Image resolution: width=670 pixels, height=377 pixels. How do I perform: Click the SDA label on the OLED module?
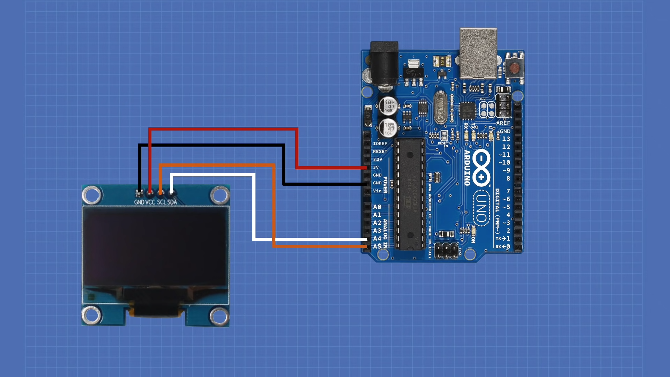pos(172,202)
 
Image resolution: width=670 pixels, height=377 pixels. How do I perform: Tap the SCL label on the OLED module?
pos(161,202)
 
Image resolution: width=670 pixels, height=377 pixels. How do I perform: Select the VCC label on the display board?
pos(150,202)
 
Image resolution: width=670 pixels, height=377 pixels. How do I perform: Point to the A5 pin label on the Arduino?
pos(377,246)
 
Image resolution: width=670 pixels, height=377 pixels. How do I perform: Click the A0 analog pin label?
pos(377,207)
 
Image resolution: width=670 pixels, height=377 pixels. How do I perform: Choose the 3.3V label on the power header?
pos(378,160)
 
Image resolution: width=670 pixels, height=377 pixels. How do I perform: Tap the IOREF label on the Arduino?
pos(380,144)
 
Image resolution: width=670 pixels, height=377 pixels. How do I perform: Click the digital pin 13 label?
pos(506,139)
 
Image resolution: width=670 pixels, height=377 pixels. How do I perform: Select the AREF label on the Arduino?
pos(503,123)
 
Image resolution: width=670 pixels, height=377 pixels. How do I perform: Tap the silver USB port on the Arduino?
pos(478,53)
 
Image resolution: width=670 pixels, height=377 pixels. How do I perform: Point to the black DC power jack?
pos(384,63)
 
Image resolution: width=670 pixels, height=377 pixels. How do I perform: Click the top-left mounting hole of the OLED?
pos(92,195)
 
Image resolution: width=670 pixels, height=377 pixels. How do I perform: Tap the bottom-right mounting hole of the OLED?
pos(219,316)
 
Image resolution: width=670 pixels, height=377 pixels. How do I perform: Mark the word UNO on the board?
pos(481,208)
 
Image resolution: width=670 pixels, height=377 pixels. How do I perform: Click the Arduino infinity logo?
pos(481,168)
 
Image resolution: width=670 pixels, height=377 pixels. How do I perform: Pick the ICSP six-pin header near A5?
pos(446,250)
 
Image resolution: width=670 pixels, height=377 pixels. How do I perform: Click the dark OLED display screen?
pos(155,246)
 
